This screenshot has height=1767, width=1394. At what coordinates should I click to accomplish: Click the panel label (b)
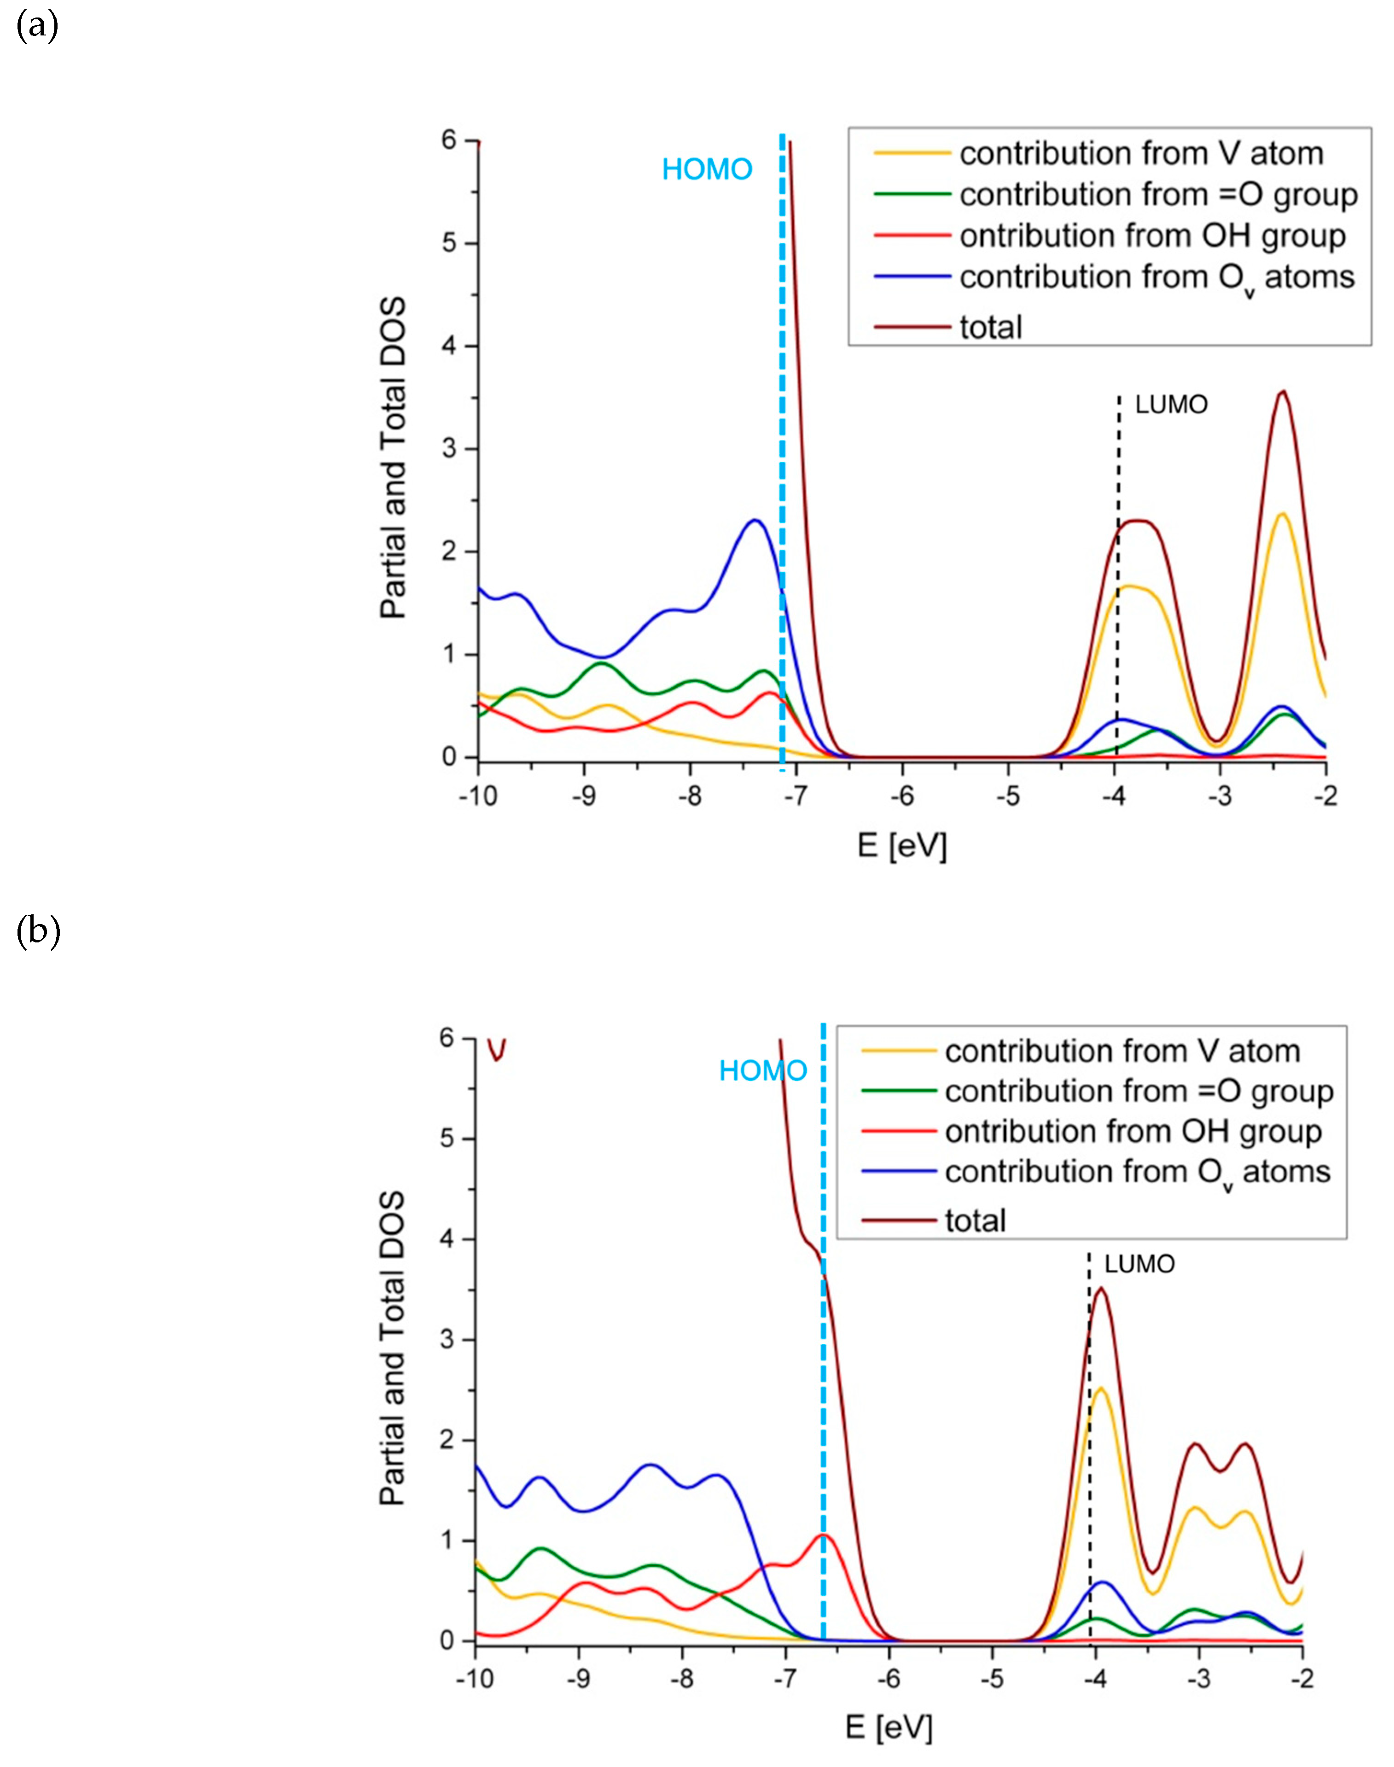click(x=38, y=932)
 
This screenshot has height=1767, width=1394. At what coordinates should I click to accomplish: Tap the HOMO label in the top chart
click(x=707, y=170)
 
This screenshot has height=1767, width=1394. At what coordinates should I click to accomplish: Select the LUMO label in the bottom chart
click(x=1139, y=1264)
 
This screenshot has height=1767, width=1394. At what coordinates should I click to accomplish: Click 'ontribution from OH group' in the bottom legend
click(x=1133, y=1132)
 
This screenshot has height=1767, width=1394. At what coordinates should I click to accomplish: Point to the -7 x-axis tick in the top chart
click(x=796, y=796)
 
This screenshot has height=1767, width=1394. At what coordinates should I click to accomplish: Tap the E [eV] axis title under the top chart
click(x=902, y=846)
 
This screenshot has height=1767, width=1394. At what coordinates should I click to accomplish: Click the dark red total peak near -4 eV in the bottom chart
click(x=1101, y=1288)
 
